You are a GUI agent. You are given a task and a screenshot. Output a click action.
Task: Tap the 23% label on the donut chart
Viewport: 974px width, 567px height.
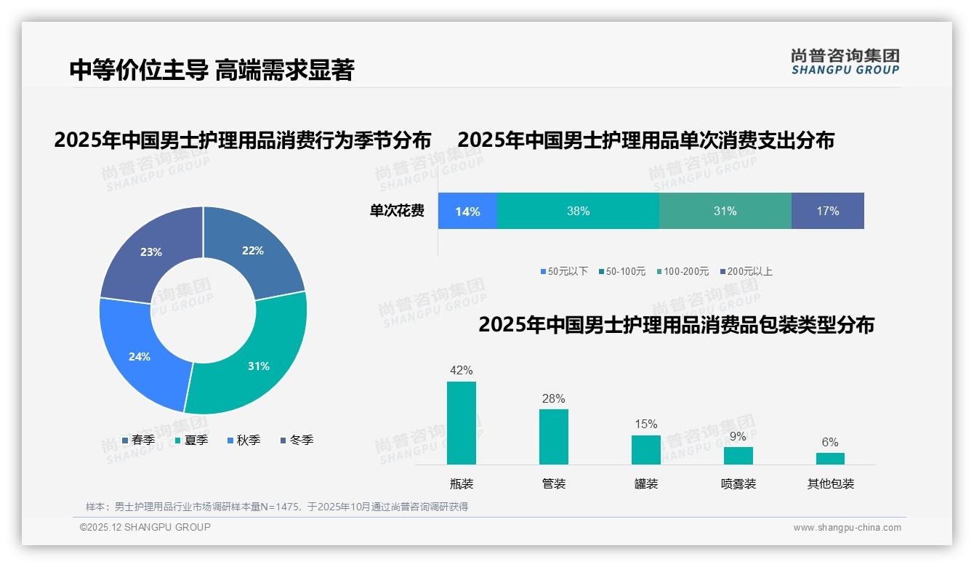(x=151, y=252)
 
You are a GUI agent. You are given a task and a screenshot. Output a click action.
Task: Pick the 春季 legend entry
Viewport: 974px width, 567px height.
(x=138, y=440)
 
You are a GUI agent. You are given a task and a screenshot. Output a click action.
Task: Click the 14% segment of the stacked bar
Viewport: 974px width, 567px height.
(x=467, y=212)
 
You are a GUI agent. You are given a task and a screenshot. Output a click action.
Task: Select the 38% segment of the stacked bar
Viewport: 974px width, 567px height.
(x=578, y=212)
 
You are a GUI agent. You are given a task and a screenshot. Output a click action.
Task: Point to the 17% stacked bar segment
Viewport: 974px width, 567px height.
(x=827, y=212)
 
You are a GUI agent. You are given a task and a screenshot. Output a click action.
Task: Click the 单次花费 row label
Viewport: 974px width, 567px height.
(x=397, y=212)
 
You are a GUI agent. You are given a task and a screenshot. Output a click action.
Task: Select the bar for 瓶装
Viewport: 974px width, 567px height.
(x=461, y=423)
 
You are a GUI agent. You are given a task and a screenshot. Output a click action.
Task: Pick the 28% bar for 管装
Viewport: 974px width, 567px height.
(x=553, y=436)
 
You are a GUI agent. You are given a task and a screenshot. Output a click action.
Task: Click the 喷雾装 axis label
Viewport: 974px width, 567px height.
(x=738, y=483)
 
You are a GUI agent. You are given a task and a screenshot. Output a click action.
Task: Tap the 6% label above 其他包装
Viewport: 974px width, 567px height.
(x=830, y=442)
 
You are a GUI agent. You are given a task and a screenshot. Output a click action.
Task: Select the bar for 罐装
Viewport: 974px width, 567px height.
(x=645, y=449)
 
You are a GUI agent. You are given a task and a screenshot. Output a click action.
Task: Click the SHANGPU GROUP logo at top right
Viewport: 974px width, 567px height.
(x=845, y=61)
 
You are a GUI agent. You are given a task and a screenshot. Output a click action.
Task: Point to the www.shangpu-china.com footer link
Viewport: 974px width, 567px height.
(x=847, y=528)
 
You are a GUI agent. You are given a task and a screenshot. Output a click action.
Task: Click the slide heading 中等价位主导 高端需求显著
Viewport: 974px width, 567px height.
(x=212, y=70)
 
